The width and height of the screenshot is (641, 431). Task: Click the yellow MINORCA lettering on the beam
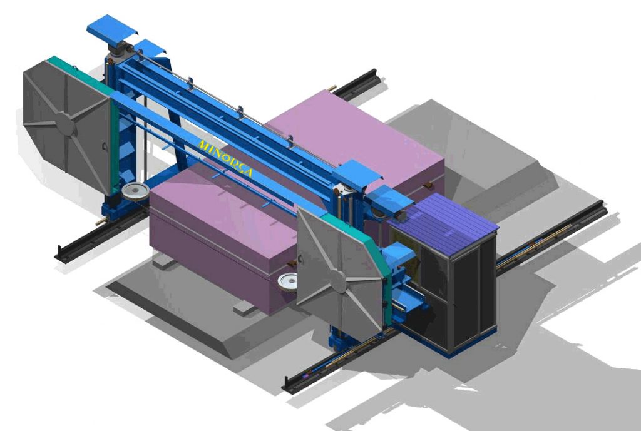pos(225,160)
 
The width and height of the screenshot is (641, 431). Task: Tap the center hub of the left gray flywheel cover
pos(65,124)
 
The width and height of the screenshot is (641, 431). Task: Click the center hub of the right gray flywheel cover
pos(338,281)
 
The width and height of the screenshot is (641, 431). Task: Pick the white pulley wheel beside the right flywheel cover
pos(287,281)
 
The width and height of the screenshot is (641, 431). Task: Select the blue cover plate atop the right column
pos(357,175)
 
